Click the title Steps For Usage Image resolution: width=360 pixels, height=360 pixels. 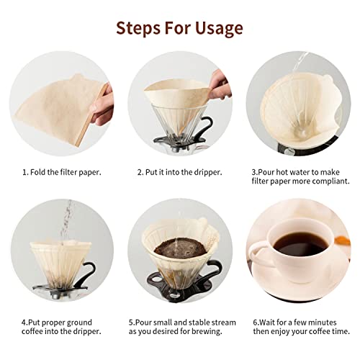click(x=180, y=28)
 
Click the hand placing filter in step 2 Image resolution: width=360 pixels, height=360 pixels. click(x=220, y=90)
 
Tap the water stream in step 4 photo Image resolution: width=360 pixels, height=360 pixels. click(x=68, y=216)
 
